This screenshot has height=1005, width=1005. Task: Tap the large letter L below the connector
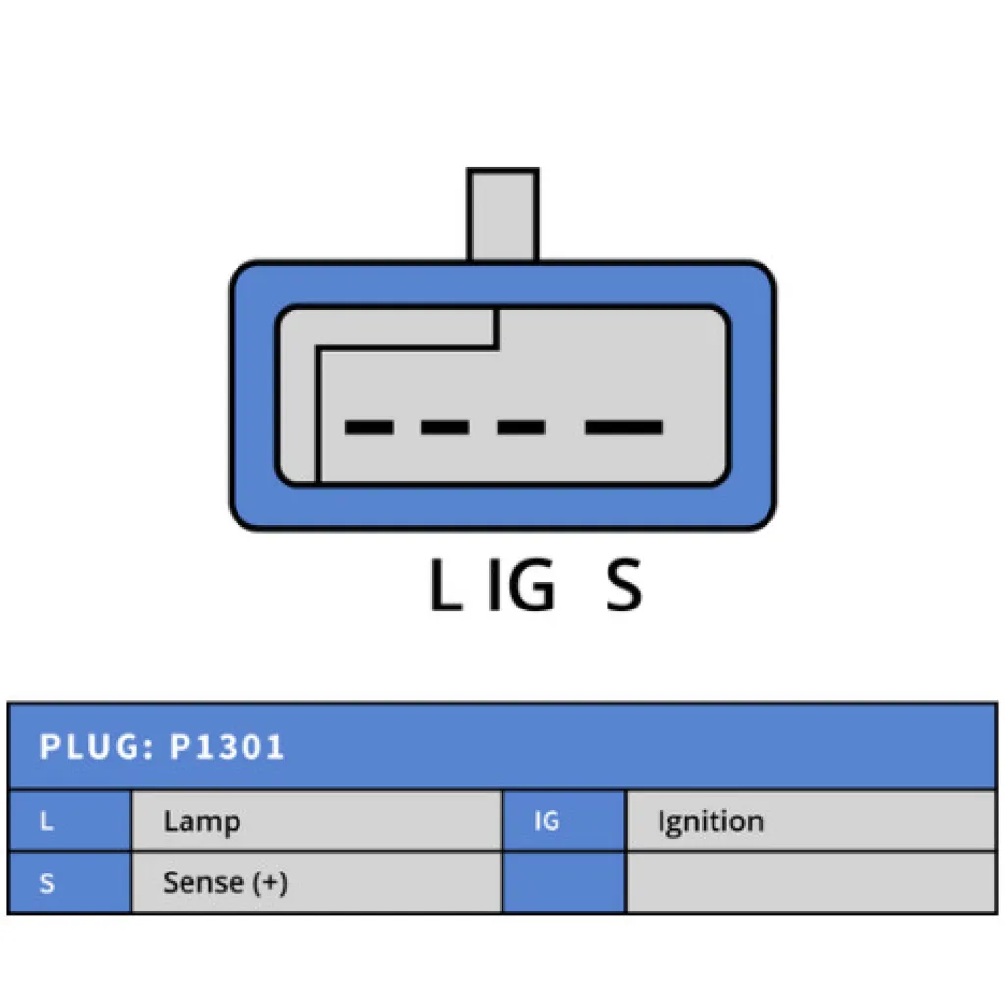[445, 587]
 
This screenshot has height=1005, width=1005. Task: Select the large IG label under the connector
[521, 587]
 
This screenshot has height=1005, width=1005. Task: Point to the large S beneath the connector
[623, 587]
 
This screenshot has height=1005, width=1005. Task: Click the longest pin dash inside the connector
[624, 428]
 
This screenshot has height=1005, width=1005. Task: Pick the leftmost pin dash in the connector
[369, 428]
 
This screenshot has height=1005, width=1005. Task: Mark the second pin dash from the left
[445, 428]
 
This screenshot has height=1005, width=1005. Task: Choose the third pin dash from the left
[520, 428]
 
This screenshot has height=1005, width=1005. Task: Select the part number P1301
[227, 747]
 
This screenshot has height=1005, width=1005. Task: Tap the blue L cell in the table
[69, 821]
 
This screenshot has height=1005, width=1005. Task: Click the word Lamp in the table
[201, 821]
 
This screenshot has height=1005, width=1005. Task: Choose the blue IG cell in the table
[563, 821]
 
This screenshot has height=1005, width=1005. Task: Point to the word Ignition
[710, 821]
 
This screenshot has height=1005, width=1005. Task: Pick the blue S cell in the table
[69, 883]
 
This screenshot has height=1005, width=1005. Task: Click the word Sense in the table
[203, 882]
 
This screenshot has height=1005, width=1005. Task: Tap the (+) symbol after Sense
[269, 882]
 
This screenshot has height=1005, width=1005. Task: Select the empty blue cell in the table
[563, 883]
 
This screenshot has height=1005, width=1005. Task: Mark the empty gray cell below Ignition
[811, 883]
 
